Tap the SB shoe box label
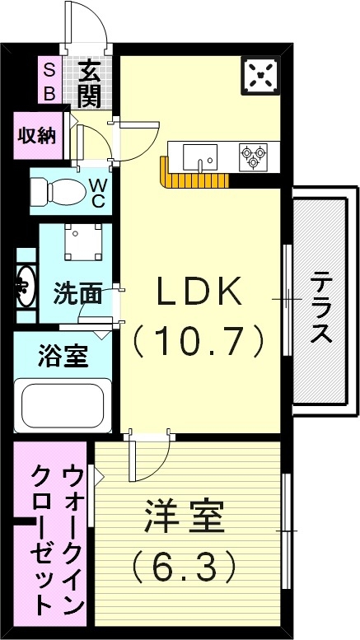click(x=49, y=81)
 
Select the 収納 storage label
click(x=37, y=134)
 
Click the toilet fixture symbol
click(x=58, y=191)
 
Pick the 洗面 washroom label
click(x=78, y=292)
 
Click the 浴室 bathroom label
click(x=63, y=358)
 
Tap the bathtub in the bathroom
click(x=63, y=404)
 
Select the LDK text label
click(x=200, y=292)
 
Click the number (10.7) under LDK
click(x=200, y=337)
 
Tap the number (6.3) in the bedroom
click(x=184, y=566)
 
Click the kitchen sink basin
click(x=199, y=155)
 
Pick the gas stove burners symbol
click(x=251, y=156)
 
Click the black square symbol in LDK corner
click(x=262, y=77)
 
